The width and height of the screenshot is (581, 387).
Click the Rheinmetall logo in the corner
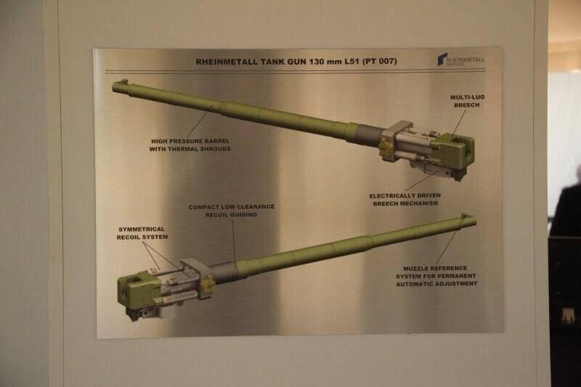460,60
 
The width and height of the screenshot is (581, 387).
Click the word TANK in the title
273,62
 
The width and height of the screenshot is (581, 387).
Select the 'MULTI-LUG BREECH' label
467,101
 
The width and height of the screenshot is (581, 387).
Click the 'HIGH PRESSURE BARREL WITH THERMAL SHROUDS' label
190,144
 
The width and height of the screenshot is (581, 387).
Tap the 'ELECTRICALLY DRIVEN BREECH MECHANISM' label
405,199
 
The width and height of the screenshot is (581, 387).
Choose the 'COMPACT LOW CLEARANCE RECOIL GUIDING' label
232,211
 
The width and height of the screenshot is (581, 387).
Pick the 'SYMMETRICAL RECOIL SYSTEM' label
142,233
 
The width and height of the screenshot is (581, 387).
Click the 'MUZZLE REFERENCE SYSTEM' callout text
436,276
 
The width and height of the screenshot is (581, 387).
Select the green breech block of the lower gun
139,288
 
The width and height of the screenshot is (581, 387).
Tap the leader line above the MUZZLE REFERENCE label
450,241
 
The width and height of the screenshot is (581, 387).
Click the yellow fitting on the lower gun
208,285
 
